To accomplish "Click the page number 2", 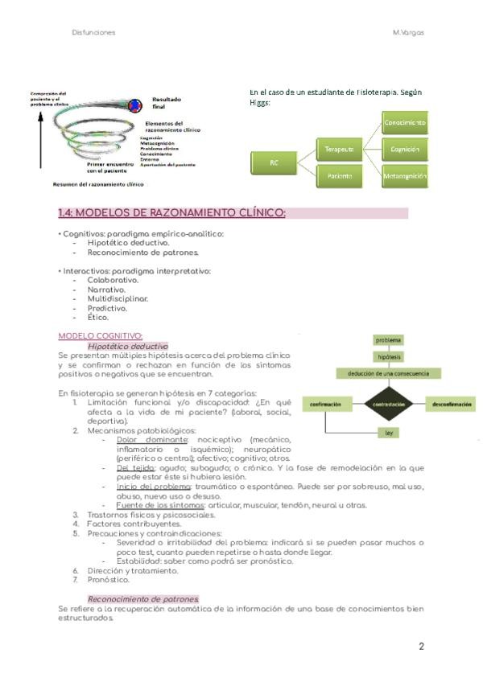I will [x=421, y=646].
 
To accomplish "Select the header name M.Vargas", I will [x=408, y=32].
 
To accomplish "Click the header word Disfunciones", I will [x=93, y=32].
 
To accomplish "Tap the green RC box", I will [x=274, y=162].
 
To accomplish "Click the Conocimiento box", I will [x=405, y=122].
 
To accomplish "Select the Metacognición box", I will [x=405, y=175].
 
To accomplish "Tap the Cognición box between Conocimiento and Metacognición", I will [x=405, y=150].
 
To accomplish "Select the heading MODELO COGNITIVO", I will [x=101, y=335].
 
